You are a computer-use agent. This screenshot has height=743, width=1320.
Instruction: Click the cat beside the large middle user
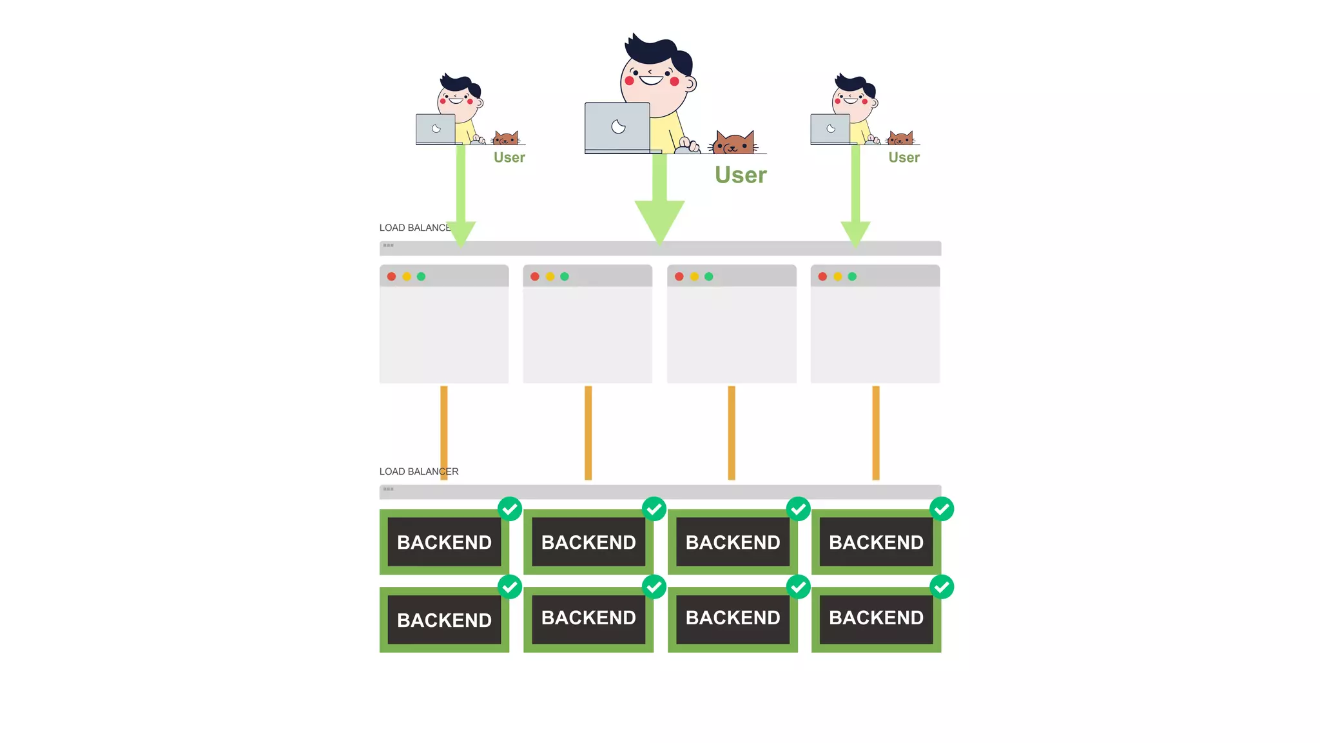click(x=733, y=142)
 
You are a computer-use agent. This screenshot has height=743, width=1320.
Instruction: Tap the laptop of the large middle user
click(x=617, y=127)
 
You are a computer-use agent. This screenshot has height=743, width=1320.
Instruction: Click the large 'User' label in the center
click(x=741, y=175)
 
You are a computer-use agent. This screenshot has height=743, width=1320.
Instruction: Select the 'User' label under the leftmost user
click(x=509, y=157)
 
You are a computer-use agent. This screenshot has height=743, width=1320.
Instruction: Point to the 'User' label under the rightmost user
click(x=904, y=157)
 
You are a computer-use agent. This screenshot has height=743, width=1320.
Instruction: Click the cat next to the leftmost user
click(x=506, y=138)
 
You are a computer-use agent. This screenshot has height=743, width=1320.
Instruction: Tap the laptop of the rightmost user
click(x=830, y=129)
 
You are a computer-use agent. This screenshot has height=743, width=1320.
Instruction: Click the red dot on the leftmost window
click(x=391, y=277)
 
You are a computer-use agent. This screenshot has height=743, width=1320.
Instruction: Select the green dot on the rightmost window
click(x=852, y=277)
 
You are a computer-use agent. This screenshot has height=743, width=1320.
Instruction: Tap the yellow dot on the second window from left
click(x=550, y=277)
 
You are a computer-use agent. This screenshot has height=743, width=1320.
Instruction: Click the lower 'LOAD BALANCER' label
click(x=419, y=471)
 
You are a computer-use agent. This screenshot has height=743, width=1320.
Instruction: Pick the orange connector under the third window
click(x=732, y=432)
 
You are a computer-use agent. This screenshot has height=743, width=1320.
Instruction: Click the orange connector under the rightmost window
click(x=875, y=432)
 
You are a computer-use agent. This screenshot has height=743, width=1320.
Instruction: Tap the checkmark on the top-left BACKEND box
click(x=510, y=509)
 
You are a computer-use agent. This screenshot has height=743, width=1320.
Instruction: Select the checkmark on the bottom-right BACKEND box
click(x=942, y=587)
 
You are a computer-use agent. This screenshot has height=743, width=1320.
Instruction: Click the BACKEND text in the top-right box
click(x=876, y=542)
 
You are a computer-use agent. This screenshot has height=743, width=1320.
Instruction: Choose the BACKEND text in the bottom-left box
click(x=444, y=620)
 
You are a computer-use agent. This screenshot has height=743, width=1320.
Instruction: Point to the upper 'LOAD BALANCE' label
click(x=414, y=228)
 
